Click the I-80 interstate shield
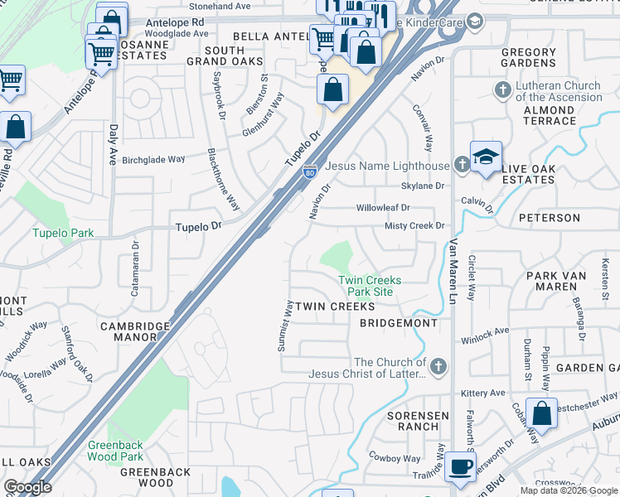tap(308, 171)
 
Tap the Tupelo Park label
tap(63, 233)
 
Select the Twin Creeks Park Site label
tap(370, 286)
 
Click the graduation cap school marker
tap(486, 156)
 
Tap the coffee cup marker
tap(460, 466)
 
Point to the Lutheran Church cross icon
tap(502, 89)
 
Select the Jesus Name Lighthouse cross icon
tap(461, 165)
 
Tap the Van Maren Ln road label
tap(453, 265)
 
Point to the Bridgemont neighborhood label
tap(399, 323)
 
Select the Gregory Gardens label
tap(529, 57)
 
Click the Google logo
tap(27, 487)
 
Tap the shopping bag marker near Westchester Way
tap(541, 413)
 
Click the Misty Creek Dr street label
tap(414, 225)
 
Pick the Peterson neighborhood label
tap(550, 218)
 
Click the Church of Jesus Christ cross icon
tap(438, 365)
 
